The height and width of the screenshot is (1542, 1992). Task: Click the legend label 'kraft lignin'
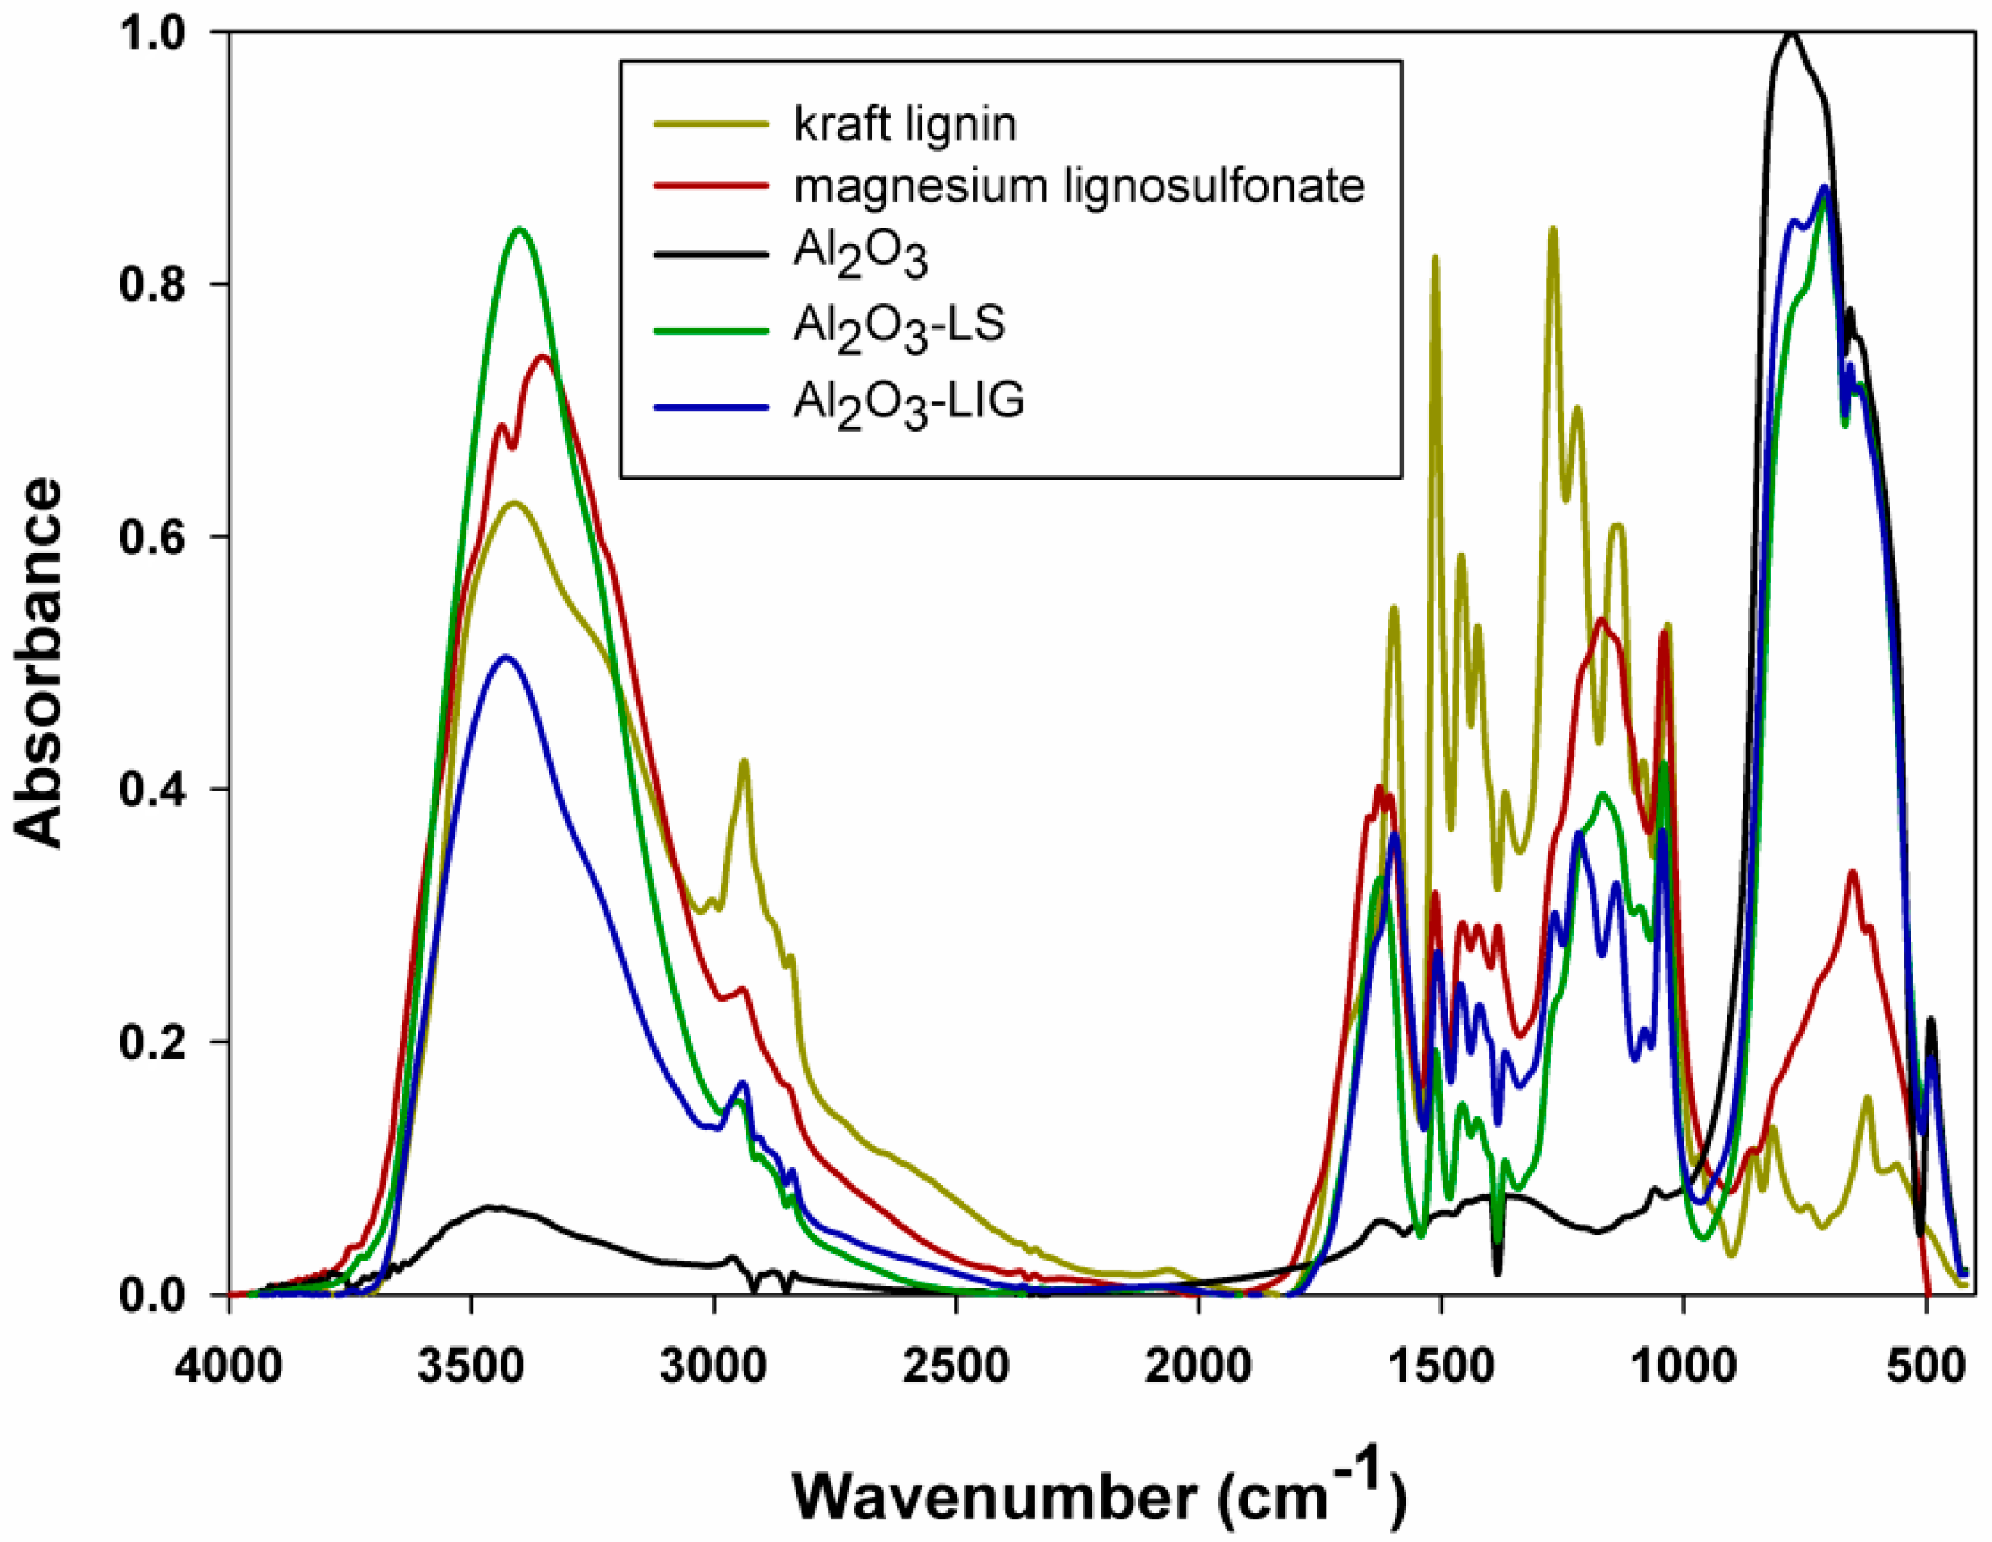pyautogui.click(x=904, y=125)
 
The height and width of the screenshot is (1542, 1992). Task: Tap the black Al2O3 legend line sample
pyautogui.click(x=711, y=253)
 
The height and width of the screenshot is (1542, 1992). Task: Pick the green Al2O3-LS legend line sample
pyautogui.click(x=711, y=330)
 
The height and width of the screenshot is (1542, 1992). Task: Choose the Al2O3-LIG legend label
pyautogui.click(x=907, y=403)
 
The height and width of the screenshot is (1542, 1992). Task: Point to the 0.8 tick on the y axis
pyautogui.click(x=151, y=284)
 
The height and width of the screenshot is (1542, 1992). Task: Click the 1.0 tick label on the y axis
pyautogui.click(x=151, y=32)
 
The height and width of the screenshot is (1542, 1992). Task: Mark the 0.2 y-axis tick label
pyautogui.click(x=151, y=1041)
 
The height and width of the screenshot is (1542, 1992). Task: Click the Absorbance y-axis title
pyautogui.click(x=39, y=663)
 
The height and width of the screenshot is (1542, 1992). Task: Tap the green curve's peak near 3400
pyautogui.click(x=520, y=229)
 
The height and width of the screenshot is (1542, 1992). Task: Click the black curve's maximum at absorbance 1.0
pyautogui.click(x=1792, y=34)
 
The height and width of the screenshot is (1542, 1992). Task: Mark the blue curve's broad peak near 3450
pyautogui.click(x=507, y=657)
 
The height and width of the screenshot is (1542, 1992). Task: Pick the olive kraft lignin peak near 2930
pyautogui.click(x=744, y=761)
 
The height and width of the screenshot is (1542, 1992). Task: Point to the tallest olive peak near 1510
pyautogui.click(x=1435, y=258)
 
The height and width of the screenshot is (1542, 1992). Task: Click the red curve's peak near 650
pyautogui.click(x=1853, y=873)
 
